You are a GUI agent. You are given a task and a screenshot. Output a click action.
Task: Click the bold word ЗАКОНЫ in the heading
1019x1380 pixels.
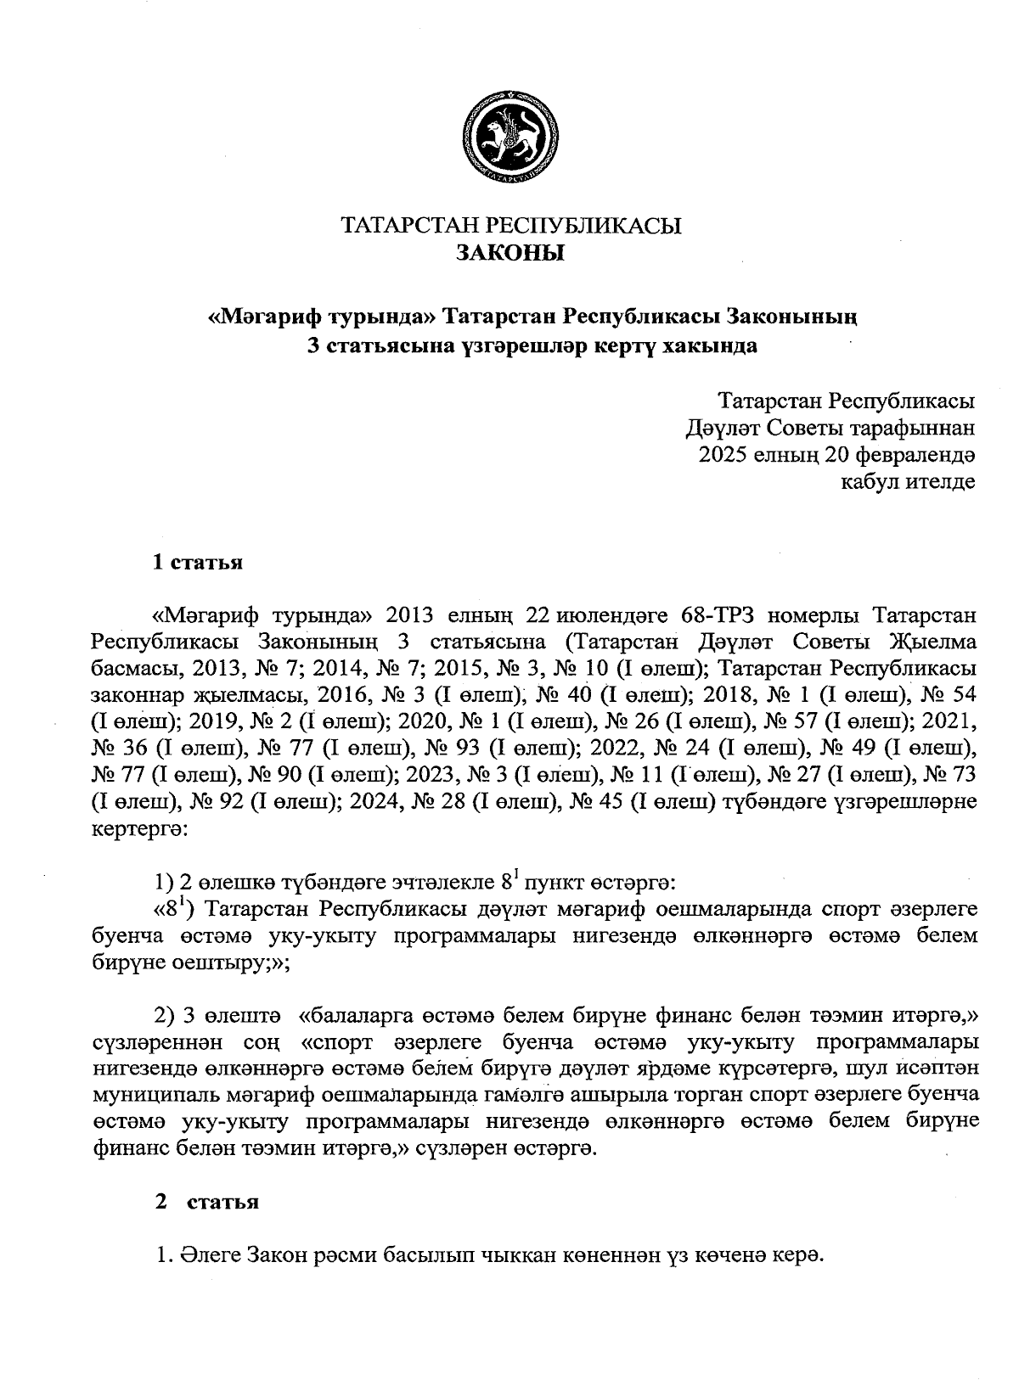(x=510, y=253)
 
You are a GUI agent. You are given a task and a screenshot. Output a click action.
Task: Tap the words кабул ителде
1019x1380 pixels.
(x=906, y=483)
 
